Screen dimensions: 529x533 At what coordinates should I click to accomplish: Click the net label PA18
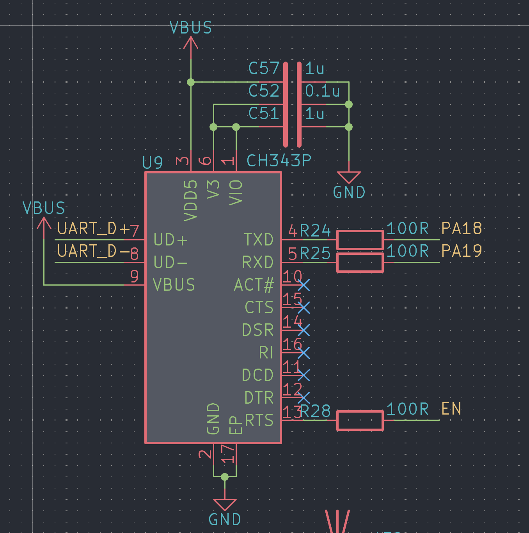462,228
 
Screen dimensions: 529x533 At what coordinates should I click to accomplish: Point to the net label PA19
462,251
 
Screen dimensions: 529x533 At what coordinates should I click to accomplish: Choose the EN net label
451,409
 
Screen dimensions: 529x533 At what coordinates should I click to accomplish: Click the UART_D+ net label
93,229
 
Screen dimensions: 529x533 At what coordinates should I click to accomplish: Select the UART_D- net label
93,251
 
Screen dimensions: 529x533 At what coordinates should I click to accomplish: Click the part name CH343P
279,161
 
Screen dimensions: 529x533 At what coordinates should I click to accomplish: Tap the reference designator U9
152,162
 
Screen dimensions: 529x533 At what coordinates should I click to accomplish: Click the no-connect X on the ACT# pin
304,285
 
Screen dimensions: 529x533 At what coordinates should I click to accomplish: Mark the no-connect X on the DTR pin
304,398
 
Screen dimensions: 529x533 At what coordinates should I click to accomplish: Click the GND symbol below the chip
225,505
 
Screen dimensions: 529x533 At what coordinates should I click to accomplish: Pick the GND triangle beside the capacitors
349,177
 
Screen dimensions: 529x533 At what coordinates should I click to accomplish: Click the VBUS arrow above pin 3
191,43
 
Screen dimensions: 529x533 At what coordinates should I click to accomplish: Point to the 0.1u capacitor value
322,91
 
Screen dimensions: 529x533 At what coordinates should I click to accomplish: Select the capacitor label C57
264,68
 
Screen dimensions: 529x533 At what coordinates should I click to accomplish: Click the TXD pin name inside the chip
259,240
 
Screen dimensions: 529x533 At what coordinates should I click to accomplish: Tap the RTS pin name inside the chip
259,420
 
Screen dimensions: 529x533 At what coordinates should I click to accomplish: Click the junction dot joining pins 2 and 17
225,477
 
